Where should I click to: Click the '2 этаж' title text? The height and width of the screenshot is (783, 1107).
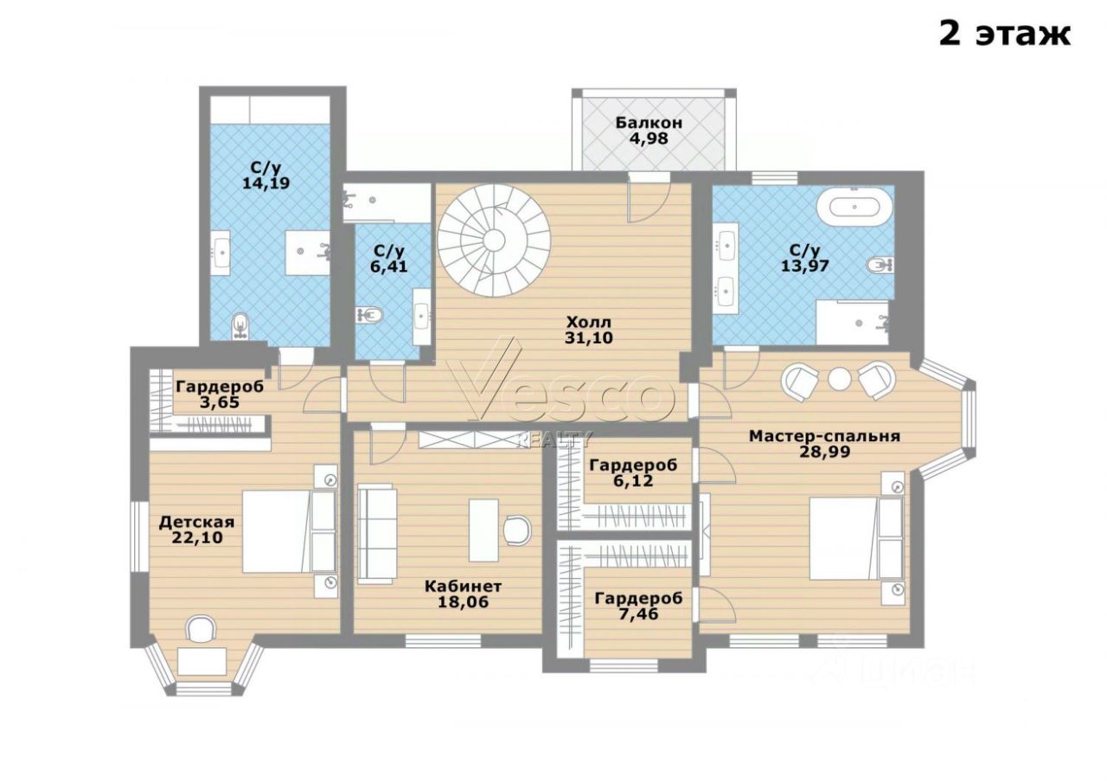(1004, 35)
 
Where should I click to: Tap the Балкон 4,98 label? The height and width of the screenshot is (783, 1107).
(649, 131)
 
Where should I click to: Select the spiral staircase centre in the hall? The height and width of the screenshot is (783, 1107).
(494, 241)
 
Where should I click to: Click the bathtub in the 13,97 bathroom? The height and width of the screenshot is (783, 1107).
(854, 209)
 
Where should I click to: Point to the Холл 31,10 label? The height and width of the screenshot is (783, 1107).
(589, 331)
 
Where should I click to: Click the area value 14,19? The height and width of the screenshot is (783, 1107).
(266, 184)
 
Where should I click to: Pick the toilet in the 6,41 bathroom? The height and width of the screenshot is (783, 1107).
(370, 314)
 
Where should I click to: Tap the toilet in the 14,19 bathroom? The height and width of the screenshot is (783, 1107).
(240, 326)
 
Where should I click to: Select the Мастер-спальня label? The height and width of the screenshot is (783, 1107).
(825, 436)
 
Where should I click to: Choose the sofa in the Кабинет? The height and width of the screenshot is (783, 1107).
(378, 536)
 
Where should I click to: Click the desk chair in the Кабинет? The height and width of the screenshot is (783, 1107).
(517, 530)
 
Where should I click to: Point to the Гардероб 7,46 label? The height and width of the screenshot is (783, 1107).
(638, 606)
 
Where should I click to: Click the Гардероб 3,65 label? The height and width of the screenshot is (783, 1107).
(220, 394)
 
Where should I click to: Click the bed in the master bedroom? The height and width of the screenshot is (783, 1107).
(860, 539)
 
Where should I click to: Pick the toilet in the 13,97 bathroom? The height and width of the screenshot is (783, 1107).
(880, 265)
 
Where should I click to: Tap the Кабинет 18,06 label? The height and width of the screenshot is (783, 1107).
(463, 594)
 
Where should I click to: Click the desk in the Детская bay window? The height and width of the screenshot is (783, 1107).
(202, 661)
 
